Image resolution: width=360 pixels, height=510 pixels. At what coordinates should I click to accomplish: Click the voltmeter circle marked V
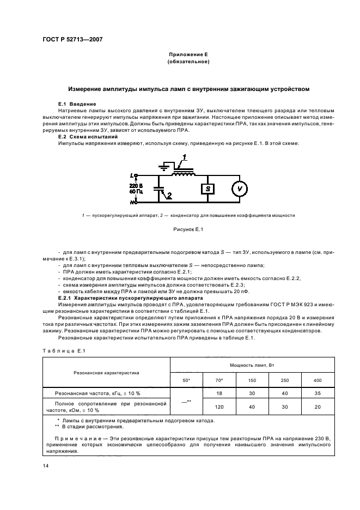237,189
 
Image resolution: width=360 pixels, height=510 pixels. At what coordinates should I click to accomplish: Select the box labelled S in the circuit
207,189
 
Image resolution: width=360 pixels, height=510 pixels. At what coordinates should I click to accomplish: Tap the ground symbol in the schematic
162,167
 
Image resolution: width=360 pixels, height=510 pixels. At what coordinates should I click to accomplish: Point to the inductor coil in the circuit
182,173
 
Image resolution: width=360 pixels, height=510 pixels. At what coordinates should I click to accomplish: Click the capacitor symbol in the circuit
158,189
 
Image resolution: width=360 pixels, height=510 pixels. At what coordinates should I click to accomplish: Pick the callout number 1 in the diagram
185,157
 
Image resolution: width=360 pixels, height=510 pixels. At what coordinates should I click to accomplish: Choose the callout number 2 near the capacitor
170,195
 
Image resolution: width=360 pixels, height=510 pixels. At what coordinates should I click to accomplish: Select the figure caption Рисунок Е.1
187,229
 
